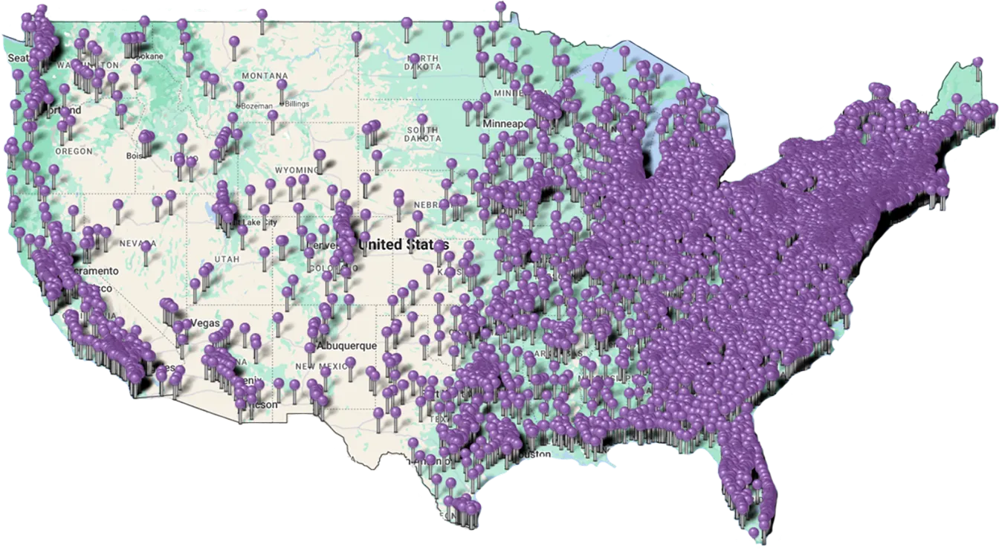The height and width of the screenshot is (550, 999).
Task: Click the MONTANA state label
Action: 264,76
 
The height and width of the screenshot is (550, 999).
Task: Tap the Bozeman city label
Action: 256,106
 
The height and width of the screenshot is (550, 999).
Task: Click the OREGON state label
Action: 74,151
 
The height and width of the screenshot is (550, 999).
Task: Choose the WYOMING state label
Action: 295,170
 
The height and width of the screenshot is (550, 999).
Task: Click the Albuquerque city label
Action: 346,346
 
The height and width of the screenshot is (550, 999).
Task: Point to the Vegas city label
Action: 206,323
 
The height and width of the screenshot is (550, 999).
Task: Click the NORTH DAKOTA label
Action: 424,62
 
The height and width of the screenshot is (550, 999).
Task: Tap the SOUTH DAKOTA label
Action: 423,134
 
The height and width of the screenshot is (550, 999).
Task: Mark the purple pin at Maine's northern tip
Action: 977,61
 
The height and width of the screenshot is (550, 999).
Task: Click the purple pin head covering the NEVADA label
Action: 146,245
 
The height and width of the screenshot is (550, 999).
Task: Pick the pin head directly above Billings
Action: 282,85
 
